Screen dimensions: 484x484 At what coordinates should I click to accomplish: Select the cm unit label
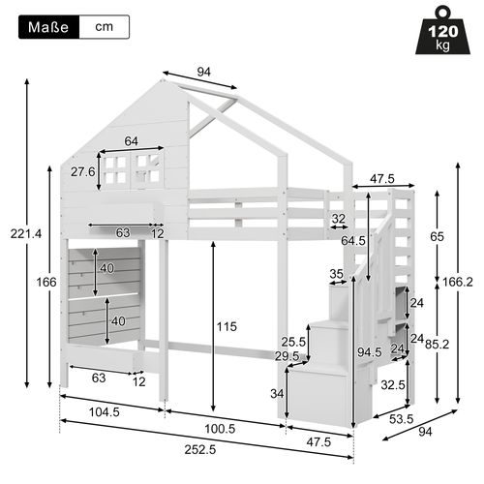click(103, 27)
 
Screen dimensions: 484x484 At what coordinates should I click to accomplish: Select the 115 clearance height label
click(227, 327)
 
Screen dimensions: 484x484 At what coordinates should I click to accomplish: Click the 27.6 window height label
click(81, 171)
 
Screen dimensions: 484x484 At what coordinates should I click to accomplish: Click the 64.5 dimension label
click(352, 240)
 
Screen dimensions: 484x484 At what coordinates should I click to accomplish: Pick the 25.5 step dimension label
click(294, 342)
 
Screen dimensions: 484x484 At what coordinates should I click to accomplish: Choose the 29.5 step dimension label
click(287, 356)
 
